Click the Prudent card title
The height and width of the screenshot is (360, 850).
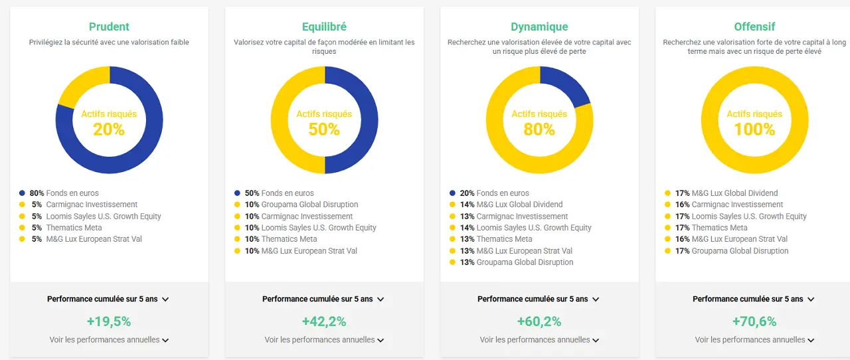point(109,27)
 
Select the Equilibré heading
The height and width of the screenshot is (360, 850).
point(324,27)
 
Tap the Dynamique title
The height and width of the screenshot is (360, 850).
point(539,27)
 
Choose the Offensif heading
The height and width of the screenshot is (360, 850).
point(754,27)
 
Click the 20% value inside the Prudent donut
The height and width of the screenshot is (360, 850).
point(109,129)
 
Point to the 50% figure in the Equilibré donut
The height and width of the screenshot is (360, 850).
point(324,129)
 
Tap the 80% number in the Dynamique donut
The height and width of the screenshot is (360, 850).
point(539,129)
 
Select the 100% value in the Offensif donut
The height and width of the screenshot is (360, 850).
point(754,129)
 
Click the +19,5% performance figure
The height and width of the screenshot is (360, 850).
point(109,321)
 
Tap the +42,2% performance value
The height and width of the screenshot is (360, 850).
point(324,321)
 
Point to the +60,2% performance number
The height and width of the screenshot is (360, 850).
point(539,321)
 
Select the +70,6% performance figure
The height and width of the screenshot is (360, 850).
point(754,321)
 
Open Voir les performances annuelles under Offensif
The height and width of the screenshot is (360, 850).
point(754,339)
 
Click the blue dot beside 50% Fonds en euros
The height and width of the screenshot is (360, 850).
point(237,193)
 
